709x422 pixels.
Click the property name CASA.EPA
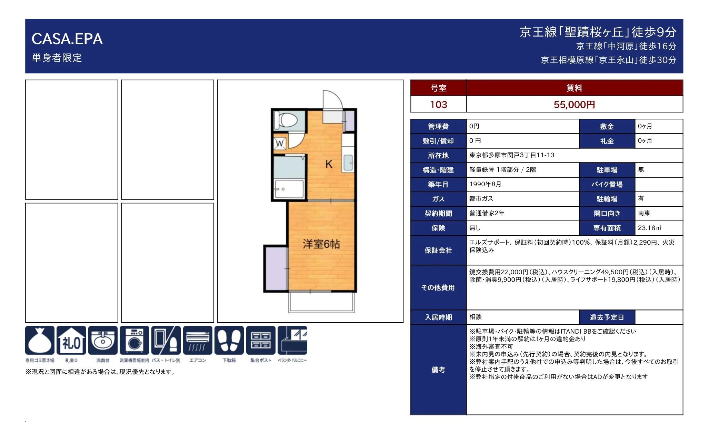coord(67,39)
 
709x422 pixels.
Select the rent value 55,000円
coord(574,105)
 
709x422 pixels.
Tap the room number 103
coord(438,105)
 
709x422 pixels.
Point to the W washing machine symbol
coord(280,143)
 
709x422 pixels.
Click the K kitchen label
coord(329,164)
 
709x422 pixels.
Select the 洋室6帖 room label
coord(321,244)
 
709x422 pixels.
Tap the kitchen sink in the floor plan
coord(348,163)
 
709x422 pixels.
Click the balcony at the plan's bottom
coord(321,302)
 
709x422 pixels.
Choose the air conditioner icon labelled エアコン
coord(198,340)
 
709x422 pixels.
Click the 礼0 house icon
coord(71,340)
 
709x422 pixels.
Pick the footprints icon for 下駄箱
coord(229,340)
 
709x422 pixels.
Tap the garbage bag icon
coord(40,340)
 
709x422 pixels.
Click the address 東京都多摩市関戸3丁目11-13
coord(512,155)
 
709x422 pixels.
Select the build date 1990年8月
coord(485,184)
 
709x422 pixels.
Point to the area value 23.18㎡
coord(649,228)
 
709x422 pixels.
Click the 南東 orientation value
coord(644,213)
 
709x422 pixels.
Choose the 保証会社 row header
coord(438,251)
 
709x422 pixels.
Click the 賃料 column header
coord(574,88)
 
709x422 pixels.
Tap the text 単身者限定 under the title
coord(57,58)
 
